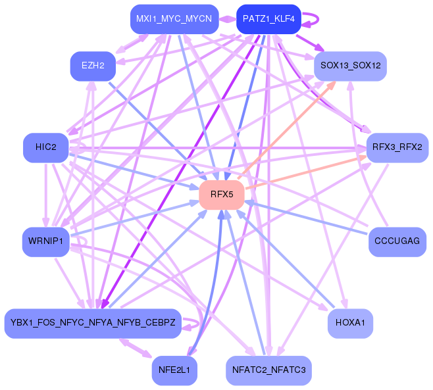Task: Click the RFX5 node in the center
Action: pos(222,195)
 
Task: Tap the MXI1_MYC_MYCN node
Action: pos(174,19)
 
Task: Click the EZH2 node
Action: pos(93,66)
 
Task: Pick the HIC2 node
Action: pos(46,147)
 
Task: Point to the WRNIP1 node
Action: pos(45,241)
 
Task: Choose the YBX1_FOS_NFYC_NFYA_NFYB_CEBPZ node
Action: pos(93,323)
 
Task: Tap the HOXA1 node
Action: pos(350,323)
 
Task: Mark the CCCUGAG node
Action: pos(397,241)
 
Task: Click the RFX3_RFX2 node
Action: pos(397,147)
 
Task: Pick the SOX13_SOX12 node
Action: pos(350,66)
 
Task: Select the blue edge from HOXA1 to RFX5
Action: pos(290,263)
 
